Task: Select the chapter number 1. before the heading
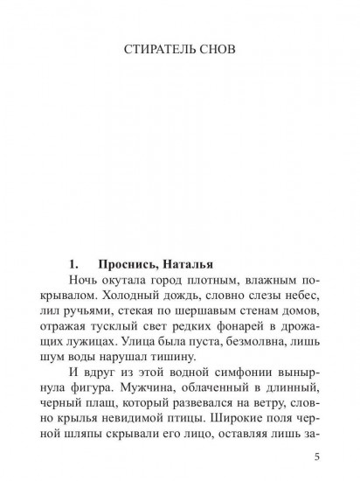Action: pyautogui.click(x=74, y=261)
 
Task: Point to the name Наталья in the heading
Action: pyautogui.click(x=209, y=261)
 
